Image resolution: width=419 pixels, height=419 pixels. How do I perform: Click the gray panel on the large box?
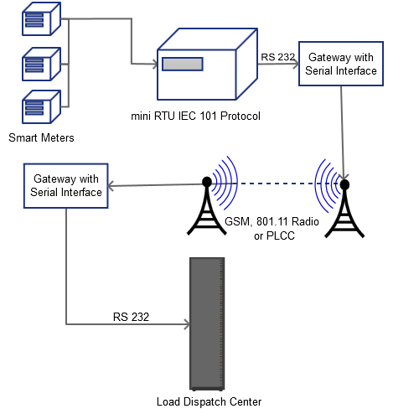(182, 64)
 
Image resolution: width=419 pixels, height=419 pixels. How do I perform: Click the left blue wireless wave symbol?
(224, 183)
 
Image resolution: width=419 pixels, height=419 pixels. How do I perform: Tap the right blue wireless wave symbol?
(328, 183)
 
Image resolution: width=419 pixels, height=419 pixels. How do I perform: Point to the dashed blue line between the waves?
(276, 184)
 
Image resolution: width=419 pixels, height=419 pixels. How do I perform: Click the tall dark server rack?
(207, 323)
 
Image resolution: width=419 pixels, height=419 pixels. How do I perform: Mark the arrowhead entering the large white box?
(153, 64)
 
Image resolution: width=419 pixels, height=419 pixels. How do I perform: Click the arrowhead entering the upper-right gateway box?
(294, 64)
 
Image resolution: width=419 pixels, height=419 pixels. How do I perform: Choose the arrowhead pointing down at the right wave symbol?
(343, 176)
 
